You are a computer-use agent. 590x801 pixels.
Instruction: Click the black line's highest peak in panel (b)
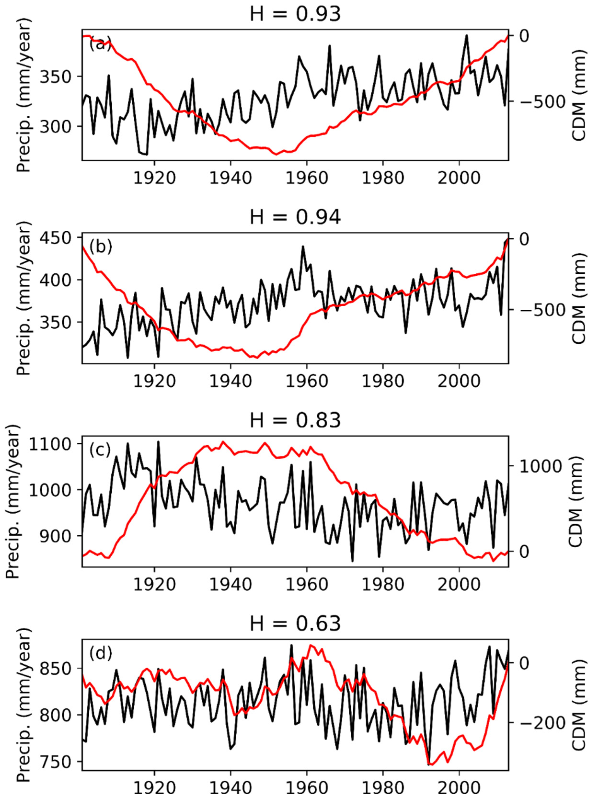pyautogui.click(x=303, y=246)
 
